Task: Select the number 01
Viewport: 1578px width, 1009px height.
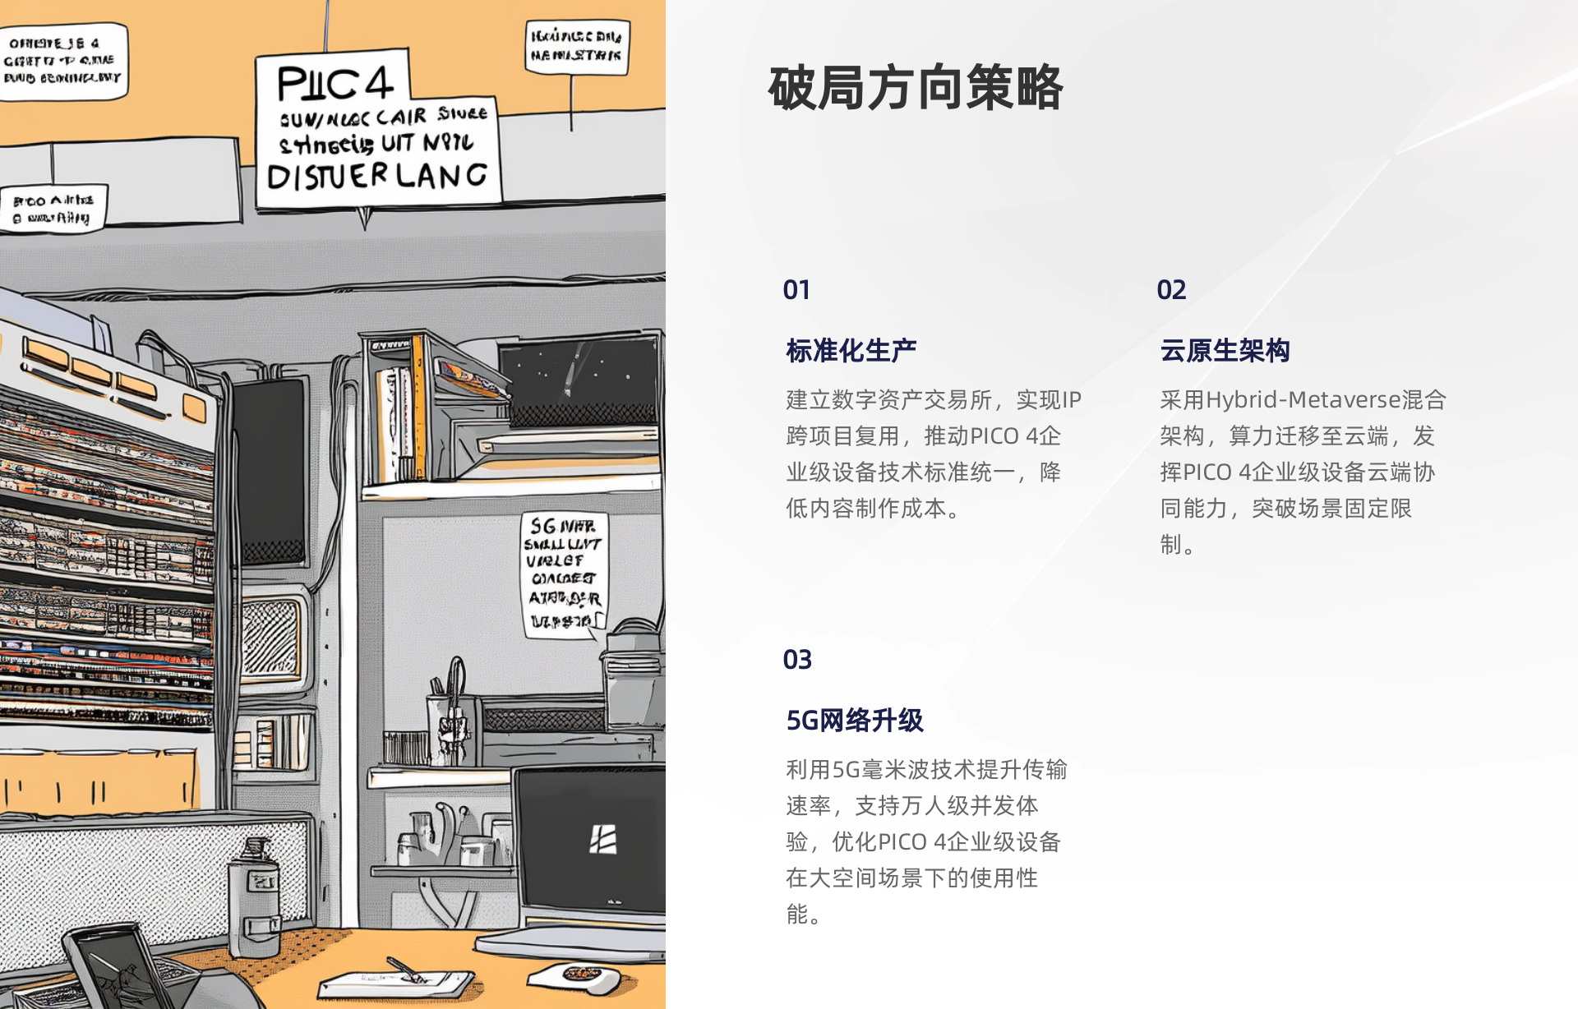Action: pyautogui.click(x=796, y=290)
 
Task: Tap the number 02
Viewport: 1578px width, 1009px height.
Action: pyautogui.click(x=1171, y=290)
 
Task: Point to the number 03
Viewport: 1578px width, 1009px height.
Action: pyautogui.click(x=797, y=660)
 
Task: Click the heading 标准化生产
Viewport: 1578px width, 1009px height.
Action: pyautogui.click(x=851, y=351)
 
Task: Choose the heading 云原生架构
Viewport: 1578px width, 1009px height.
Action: pyautogui.click(x=1225, y=351)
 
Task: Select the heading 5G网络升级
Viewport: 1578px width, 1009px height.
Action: pyautogui.click(x=855, y=721)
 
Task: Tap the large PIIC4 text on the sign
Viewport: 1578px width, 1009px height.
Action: pyautogui.click(x=335, y=83)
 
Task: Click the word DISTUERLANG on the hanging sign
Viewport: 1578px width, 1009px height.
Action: pyautogui.click(x=377, y=176)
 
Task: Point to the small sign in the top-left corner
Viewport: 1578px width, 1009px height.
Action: pyautogui.click(x=62, y=61)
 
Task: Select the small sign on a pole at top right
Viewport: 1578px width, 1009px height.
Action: pyautogui.click(x=576, y=46)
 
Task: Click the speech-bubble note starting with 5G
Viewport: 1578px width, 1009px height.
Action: pyautogui.click(x=564, y=574)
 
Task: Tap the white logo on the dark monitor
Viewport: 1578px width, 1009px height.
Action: pyautogui.click(x=602, y=840)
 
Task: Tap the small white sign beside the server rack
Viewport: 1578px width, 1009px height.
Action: pyautogui.click(x=53, y=209)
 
